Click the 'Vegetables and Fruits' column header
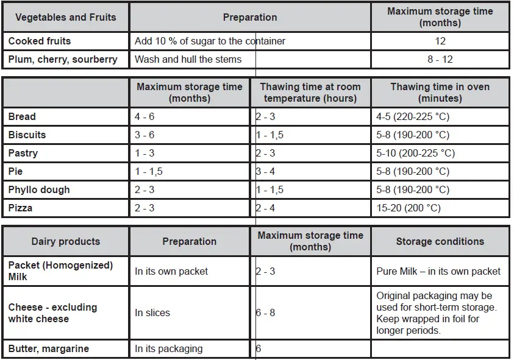coord(65,17)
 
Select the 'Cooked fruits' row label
coord(40,41)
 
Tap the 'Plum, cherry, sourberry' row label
coord(63,60)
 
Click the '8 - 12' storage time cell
coord(440,60)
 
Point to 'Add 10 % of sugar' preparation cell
coord(210,41)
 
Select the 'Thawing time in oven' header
coord(440,93)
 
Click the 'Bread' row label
coord(22,116)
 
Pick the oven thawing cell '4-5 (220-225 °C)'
coord(413,116)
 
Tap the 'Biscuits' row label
coord(27,135)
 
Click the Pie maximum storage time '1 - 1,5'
coord(149,171)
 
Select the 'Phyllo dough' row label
coord(39,189)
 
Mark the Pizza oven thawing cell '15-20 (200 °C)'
coord(409,208)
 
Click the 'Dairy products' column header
coord(65,241)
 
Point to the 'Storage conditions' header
coord(440,241)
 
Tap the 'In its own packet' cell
coord(171,271)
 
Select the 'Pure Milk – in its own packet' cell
coord(438,271)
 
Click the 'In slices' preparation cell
coord(152,312)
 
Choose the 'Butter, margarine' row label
coord(49,349)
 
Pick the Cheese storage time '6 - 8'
coord(266,312)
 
